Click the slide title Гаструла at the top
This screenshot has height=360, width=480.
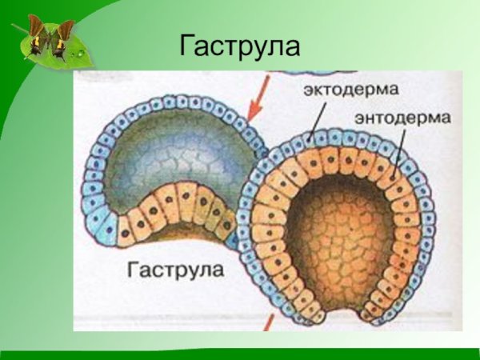239,46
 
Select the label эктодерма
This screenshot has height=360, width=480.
351,89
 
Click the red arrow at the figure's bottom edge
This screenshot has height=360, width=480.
269,322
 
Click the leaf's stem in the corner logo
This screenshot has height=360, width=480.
18,29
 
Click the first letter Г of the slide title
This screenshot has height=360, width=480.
187,46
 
